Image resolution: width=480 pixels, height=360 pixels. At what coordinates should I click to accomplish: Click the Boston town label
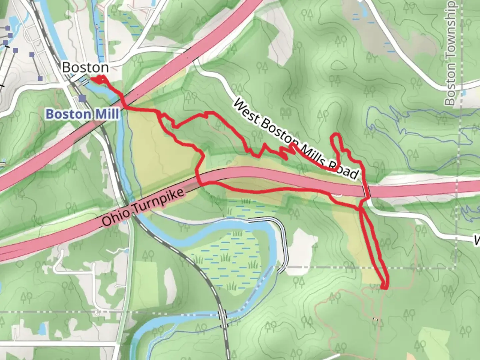85,68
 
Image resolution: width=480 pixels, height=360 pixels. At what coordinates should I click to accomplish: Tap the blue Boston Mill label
82,114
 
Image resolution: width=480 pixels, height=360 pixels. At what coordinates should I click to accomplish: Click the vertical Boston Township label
450,53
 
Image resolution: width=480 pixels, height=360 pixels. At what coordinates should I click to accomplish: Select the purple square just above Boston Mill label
82,98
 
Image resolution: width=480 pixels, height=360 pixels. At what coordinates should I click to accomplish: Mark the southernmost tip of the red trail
385,288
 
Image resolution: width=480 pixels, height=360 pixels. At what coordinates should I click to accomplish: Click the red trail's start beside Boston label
92,79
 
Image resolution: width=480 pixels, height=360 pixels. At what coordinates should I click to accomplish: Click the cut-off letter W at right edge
477,240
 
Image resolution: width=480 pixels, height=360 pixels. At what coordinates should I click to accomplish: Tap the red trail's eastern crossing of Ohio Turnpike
367,192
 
